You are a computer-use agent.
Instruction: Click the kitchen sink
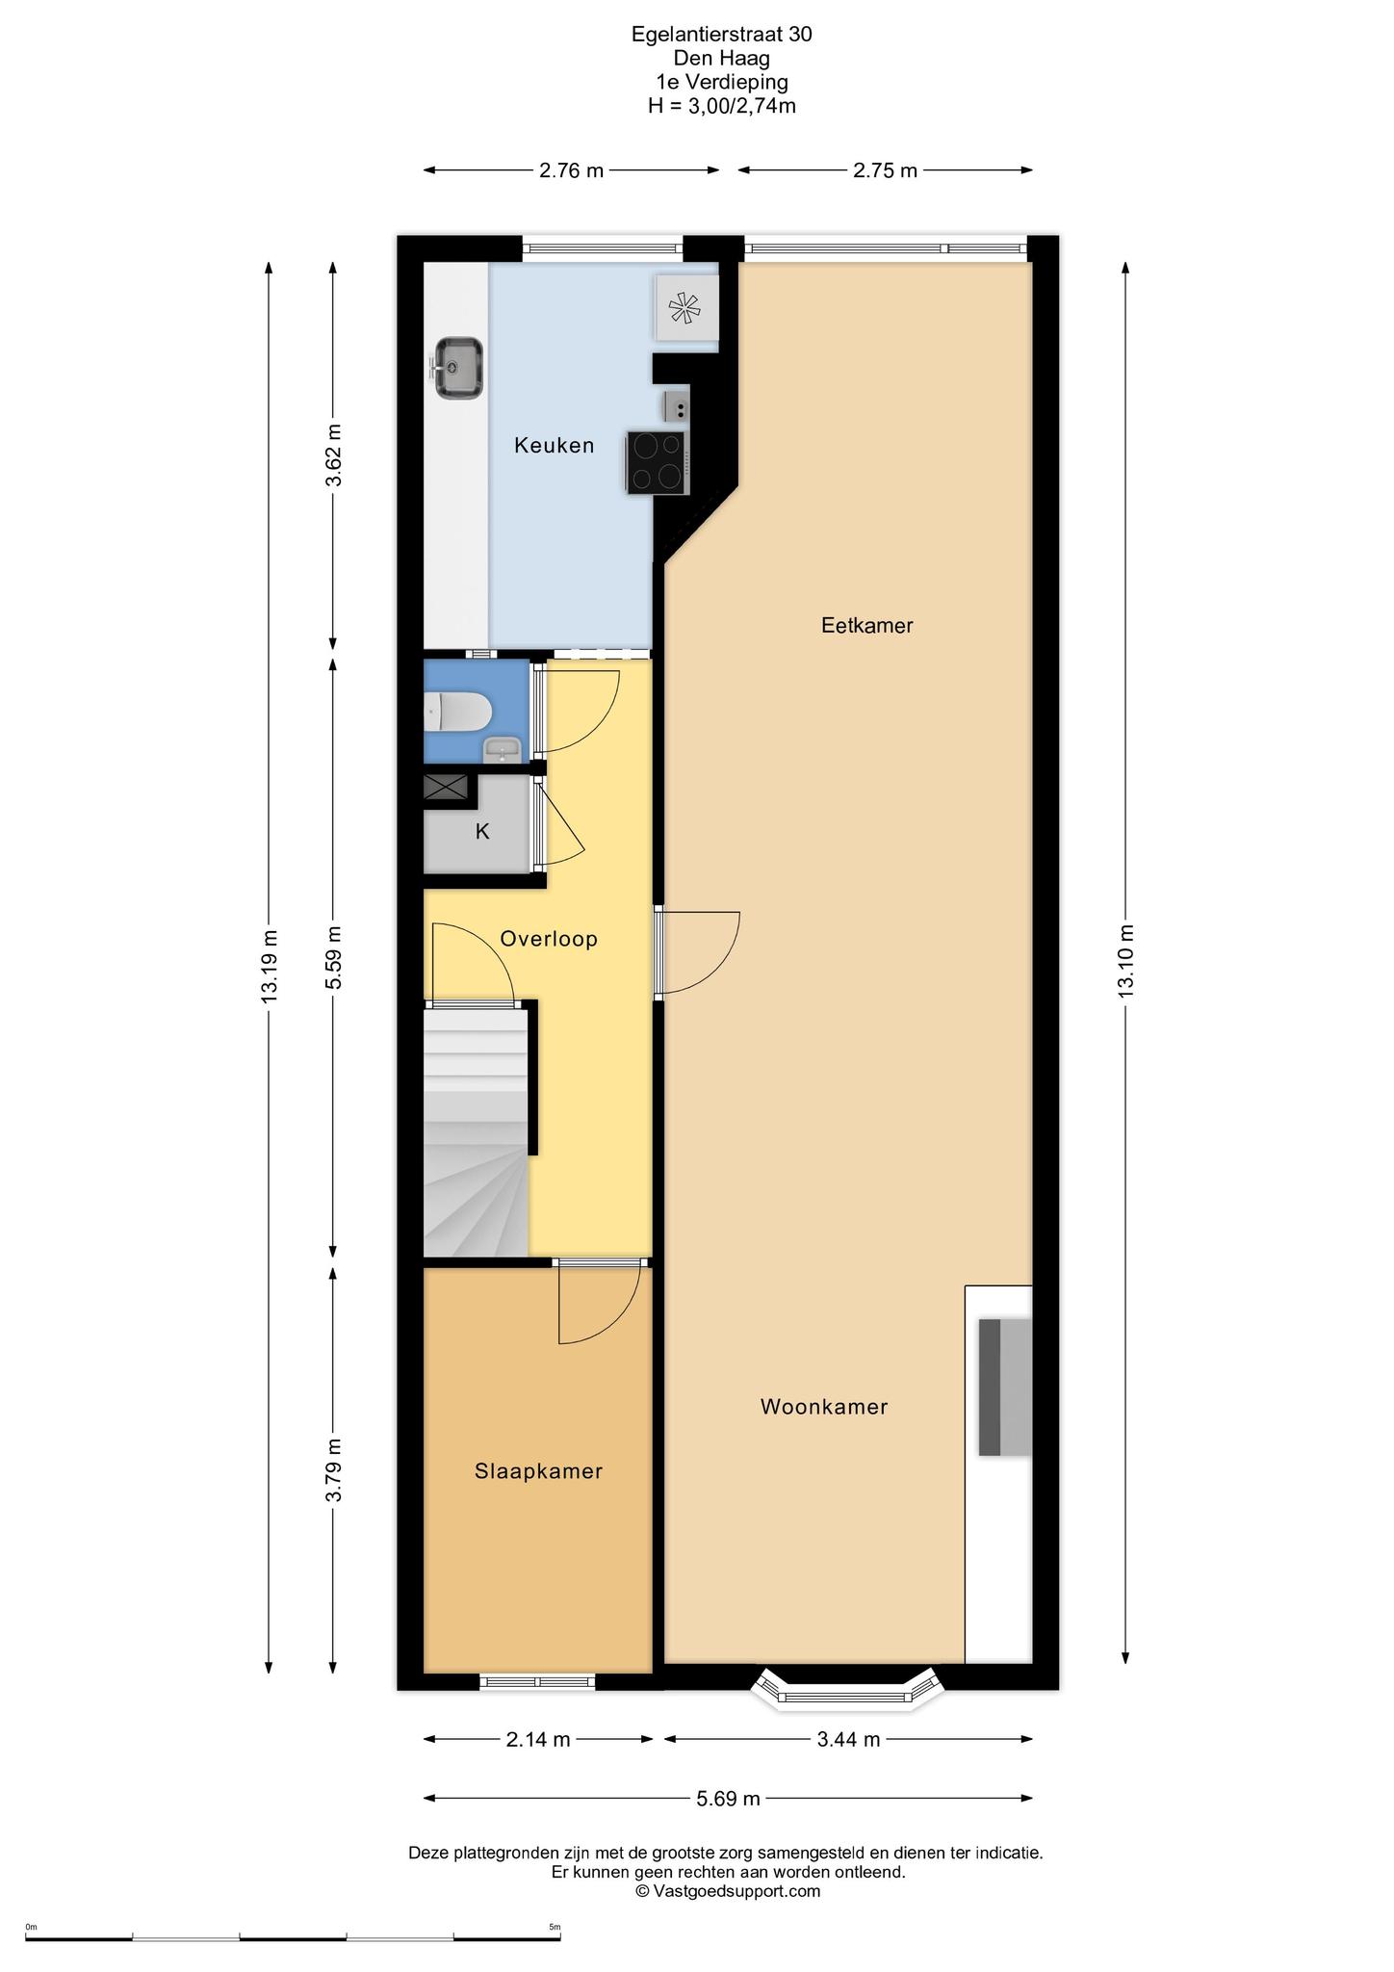pos(456,368)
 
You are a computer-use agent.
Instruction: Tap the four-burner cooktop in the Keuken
pos(657,462)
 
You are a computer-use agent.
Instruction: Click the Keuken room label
pos(554,445)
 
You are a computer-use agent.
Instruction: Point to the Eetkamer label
pos(866,625)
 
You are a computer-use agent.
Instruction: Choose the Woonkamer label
pos(824,1407)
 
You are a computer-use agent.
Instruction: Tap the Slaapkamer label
pos(538,1470)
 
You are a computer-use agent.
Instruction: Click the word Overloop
pos(549,938)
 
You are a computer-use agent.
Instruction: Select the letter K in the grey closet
pos(482,831)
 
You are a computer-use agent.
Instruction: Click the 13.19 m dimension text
pos(270,966)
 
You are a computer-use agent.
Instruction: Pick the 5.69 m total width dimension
pos(728,1798)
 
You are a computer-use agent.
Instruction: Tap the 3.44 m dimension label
pos(847,1739)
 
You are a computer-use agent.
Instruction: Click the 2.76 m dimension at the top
pos(571,170)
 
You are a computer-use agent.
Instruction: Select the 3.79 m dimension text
pos(333,1469)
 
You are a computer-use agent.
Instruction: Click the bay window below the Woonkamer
pos(846,1693)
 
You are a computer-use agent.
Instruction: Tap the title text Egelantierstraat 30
pos(721,34)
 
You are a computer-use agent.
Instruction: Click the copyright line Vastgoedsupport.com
pos(728,1890)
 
